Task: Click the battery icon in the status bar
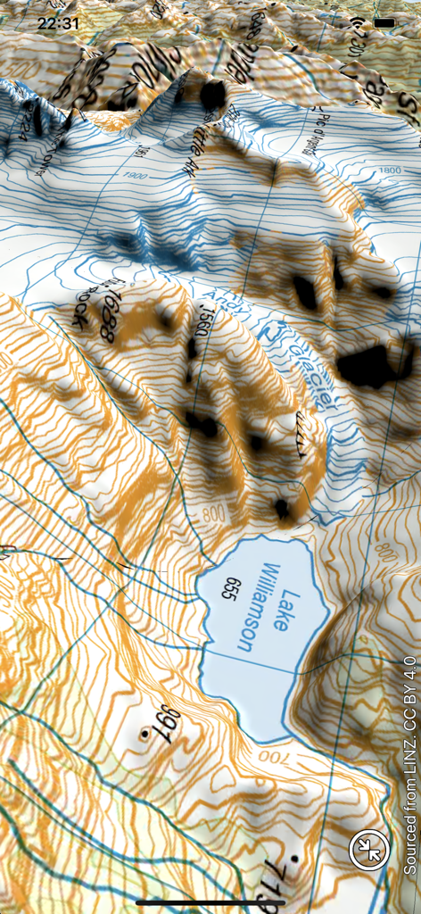pyautogui.click(x=384, y=22)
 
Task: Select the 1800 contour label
pyautogui.click(x=391, y=170)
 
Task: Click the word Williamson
pyautogui.click(x=258, y=607)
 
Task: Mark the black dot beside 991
pyautogui.click(x=143, y=735)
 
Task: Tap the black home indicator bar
pyautogui.click(x=210, y=902)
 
